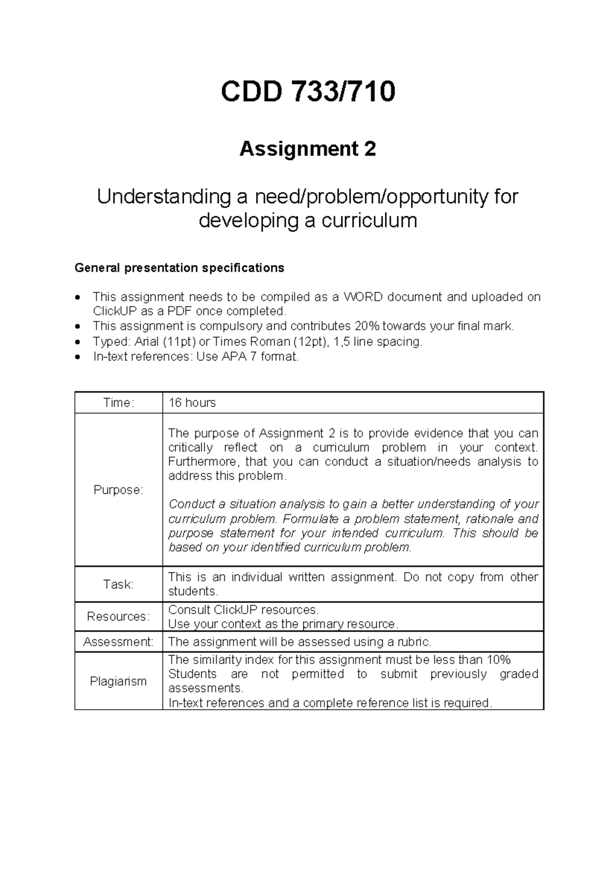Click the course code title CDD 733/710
click(308, 92)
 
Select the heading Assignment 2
click(308, 149)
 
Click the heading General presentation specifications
click(179, 268)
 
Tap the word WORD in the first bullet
click(363, 297)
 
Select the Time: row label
click(119, 403)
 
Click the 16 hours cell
click(192, 403)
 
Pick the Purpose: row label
click(119, 490)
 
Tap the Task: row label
click(119, 584)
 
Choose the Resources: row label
click(119, 616)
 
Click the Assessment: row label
click(119, 642)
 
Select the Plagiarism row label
click(119, 681)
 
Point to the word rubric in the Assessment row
click(415, 642)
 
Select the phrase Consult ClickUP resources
click(243, 610)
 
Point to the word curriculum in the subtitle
click(369, 221)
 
